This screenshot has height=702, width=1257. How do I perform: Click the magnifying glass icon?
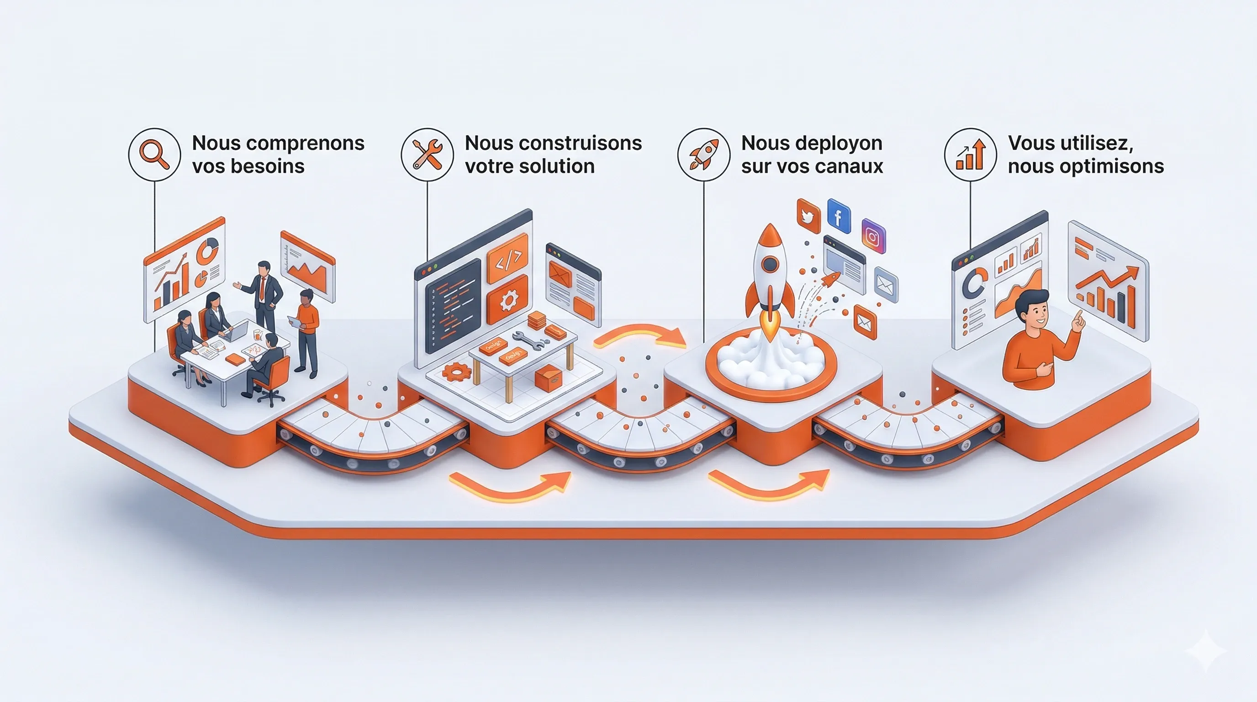tap(154, 154)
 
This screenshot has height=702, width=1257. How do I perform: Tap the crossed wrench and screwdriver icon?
tap(427, 154)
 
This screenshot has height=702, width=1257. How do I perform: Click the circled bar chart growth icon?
tap(970, 154)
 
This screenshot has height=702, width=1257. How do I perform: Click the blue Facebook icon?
tap(839, 216)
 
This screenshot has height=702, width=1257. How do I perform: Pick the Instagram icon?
tap(873, 237)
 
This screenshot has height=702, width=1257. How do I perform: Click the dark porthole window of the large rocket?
tap(770, 264)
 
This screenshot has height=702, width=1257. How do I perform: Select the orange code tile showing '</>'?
tap(508, 258)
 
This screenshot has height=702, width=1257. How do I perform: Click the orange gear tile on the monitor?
tap(507, 299)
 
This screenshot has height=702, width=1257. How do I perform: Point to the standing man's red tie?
tap(263, 288)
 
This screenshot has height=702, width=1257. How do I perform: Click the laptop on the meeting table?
tap(236, 332)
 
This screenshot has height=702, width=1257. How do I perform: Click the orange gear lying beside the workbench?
tap(457, 372)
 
